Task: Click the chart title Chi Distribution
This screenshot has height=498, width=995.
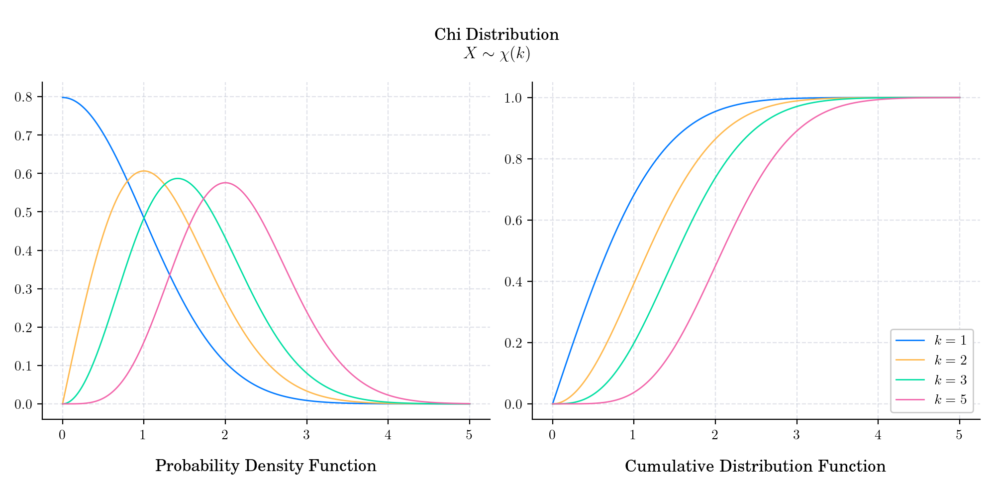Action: pyautogui.click(x=497, y=35)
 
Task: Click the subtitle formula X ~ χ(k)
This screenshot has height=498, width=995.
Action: pyautogui.click(x=497, y=54)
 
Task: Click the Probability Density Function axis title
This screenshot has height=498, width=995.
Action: pyautogui.click(x=266, y=466)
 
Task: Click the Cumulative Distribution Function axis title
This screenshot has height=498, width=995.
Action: pyautogui.click(x=755, y=467)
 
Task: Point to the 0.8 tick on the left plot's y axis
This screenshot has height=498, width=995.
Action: pyautogui.click(x=23, y=97)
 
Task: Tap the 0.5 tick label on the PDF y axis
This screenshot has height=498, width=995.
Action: pyautogui.click(x=23, y=212)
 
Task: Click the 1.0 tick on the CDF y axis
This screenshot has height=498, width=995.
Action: pyautogui.click(x=513, y=98)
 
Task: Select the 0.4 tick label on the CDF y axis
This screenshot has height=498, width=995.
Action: pyautogui.click(x=513, y=282)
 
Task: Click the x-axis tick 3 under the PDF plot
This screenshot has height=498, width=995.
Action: pyautogui.click(x=306, y=435)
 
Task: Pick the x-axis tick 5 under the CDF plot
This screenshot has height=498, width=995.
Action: pyautogui.click(x=959, y=435)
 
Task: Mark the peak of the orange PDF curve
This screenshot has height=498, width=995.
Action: pyautogui.click(x=144, y=171)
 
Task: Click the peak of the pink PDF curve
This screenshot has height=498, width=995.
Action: pyautogui.click(x=225, y=183)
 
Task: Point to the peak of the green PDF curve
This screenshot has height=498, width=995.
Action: pyautogui.click(x=178, y=178)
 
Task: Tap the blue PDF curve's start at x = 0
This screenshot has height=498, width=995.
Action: pyautogui.click(x=63, y=98)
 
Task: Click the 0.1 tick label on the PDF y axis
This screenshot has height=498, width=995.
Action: pyautogui.click(x=23, y=366)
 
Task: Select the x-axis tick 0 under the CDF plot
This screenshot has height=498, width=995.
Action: pyautogui.click(x=552, y=435)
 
